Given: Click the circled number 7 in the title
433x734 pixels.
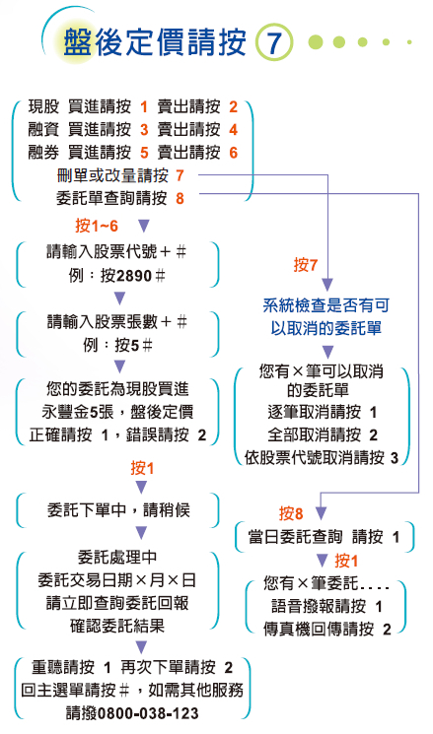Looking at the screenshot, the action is point(274,43).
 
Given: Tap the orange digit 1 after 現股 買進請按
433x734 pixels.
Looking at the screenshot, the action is point(144,107).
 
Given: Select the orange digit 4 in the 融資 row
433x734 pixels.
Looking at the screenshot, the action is point(234,130).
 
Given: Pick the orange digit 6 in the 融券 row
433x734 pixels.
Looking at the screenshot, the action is point(234,153).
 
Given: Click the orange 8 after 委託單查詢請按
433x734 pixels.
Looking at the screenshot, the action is point(180,198).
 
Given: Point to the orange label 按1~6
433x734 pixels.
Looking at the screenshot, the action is point(97,226).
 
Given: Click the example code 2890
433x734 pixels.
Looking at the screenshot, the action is point(133,276).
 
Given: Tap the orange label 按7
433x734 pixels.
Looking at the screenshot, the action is point(306,265).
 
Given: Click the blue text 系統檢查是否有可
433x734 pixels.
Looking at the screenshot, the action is point(326,305).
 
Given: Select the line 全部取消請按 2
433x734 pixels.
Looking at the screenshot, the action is point(323,435).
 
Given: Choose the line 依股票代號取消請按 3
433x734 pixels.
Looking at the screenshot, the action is point(322,458).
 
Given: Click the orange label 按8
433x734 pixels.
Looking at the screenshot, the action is point(291,513).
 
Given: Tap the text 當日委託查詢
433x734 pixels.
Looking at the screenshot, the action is point(295,537).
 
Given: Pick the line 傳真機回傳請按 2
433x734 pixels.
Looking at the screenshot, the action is point(327,630).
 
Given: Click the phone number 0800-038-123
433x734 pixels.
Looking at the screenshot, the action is point(148,713).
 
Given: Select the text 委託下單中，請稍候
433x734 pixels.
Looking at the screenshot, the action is point(119,509).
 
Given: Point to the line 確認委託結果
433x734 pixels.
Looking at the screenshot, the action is point(117,626).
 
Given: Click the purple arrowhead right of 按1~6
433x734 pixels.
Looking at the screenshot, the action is point(144,227).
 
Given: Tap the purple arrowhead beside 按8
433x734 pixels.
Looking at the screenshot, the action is point(321,513).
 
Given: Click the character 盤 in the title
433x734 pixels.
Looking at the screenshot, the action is point(78,42).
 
